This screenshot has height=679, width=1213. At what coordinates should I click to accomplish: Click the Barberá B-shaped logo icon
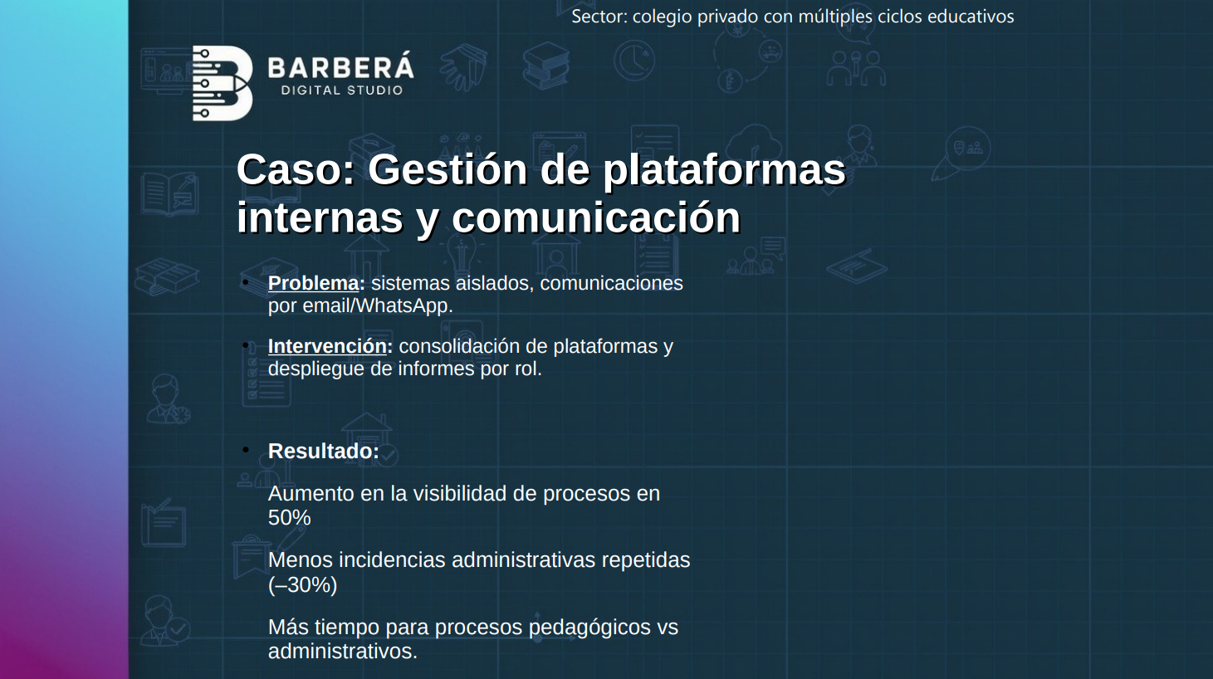click(x=222, y=83)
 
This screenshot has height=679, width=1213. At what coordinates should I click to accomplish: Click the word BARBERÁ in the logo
click(x=340, y=67)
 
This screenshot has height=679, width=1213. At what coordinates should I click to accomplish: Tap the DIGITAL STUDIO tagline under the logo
click(x=341, y=90)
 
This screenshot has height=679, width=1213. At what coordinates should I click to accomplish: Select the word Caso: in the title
click(x=296, y=169)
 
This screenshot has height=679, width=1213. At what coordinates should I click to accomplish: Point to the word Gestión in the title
click(x=448, y=169)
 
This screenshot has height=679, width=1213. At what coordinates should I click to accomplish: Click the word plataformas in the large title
click(x=723, y=169)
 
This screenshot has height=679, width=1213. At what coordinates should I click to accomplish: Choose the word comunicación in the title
click(x=595, y=217)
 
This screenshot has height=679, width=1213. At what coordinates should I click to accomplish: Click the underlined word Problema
click(x=313, y=283)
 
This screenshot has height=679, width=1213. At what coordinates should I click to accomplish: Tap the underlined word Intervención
click(x=327, y=346)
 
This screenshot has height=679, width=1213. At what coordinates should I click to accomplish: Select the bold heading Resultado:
click(x=323, y=451)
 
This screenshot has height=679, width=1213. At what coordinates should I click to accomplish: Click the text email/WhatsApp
click(x=377, y=305)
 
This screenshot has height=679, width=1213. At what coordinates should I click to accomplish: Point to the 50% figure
click(x=289, y=518)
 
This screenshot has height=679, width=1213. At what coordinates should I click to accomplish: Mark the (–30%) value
click(x=302, y=585)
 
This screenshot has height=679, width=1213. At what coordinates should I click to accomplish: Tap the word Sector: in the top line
click(x=599, y=17)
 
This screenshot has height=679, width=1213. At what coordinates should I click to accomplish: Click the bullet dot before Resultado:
click(x=246, y=450)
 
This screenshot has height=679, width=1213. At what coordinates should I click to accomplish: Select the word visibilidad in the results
click(x=459, y=493)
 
